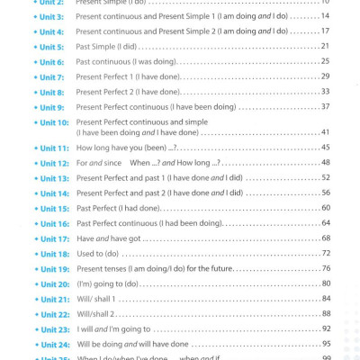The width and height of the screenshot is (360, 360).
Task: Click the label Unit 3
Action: coord(51,17)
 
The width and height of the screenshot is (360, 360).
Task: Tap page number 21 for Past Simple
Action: coord(326,46)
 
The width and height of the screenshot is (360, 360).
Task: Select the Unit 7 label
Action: coord(51,77)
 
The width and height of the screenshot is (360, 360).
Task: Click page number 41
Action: coord(326,132)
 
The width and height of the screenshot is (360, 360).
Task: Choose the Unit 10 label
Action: coord(54,122)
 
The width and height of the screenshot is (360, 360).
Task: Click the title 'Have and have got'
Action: coord(110,238)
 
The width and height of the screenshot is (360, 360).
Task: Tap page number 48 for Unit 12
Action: coord(326,163)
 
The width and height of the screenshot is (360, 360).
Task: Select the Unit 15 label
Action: coord(54,209)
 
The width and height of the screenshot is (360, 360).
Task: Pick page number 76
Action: coord(326,269)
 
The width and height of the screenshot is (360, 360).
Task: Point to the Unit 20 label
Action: coord(54,284)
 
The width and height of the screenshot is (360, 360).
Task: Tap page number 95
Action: coord(326,344)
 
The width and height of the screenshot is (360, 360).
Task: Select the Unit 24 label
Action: coord(54,345)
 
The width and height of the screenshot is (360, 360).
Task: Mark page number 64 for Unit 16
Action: coord(326,223)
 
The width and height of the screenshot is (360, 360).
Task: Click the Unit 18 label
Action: coord(54,255)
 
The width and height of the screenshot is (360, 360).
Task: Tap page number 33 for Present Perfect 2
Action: coord(326,92)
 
